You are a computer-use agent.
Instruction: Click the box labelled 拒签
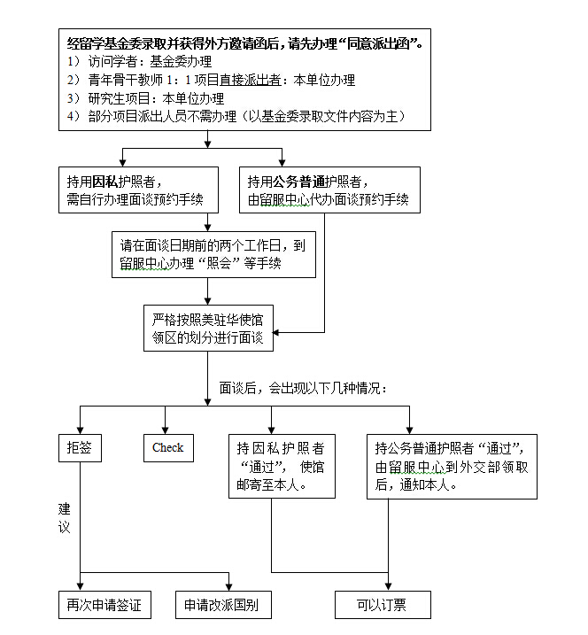coord(79,447)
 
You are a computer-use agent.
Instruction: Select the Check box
coord(167,447)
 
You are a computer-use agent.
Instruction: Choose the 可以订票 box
coord(382,606)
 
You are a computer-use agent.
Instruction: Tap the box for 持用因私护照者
coord(138,190)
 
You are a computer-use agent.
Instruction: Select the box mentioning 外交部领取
coord(452,466)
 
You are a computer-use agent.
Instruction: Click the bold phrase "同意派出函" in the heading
coord(386,43)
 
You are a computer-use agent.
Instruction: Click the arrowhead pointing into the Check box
coord(164,428)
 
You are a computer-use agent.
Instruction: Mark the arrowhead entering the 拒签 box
coord(80,428)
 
